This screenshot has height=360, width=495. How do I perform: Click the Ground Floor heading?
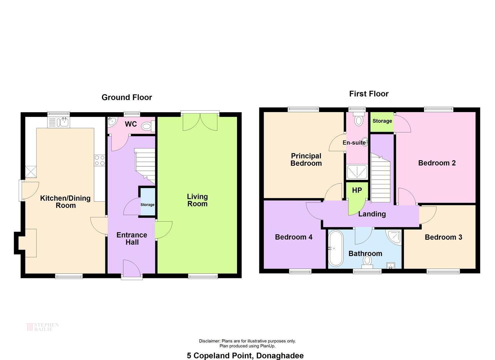127,97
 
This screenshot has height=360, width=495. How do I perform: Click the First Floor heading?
369,94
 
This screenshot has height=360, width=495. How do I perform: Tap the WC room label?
131,124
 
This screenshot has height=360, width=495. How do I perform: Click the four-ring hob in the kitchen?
100,160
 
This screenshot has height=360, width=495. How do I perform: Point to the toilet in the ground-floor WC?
148,126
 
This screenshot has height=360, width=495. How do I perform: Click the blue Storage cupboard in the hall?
148,202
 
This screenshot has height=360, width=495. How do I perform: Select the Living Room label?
197,200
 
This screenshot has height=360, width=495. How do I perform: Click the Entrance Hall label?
132,238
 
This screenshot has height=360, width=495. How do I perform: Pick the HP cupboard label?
357,190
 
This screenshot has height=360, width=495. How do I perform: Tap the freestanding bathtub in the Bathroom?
336,248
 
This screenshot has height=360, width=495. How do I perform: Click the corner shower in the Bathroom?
394,237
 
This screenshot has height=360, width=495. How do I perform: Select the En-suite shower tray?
357,172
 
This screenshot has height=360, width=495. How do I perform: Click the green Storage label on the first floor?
382,121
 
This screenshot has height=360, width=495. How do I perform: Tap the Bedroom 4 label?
294,237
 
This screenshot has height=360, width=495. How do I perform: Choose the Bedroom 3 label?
443,237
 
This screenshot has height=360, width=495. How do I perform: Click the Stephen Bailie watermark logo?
42,327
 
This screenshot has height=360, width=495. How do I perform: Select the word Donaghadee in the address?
280,356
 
